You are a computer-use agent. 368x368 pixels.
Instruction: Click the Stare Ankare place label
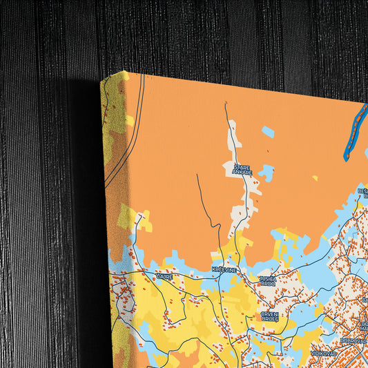[242, 170]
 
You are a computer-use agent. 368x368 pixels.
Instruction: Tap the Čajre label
[164, 276]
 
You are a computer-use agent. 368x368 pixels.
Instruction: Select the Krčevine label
[224, 269]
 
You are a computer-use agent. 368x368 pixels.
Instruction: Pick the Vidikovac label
[323, 352]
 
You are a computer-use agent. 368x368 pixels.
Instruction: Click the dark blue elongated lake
[354, 132]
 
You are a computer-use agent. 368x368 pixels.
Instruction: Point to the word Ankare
[242, 173]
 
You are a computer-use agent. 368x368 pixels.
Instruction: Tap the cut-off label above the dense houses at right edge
[362, 193]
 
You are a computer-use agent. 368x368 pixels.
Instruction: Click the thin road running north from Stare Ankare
[226, 117]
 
